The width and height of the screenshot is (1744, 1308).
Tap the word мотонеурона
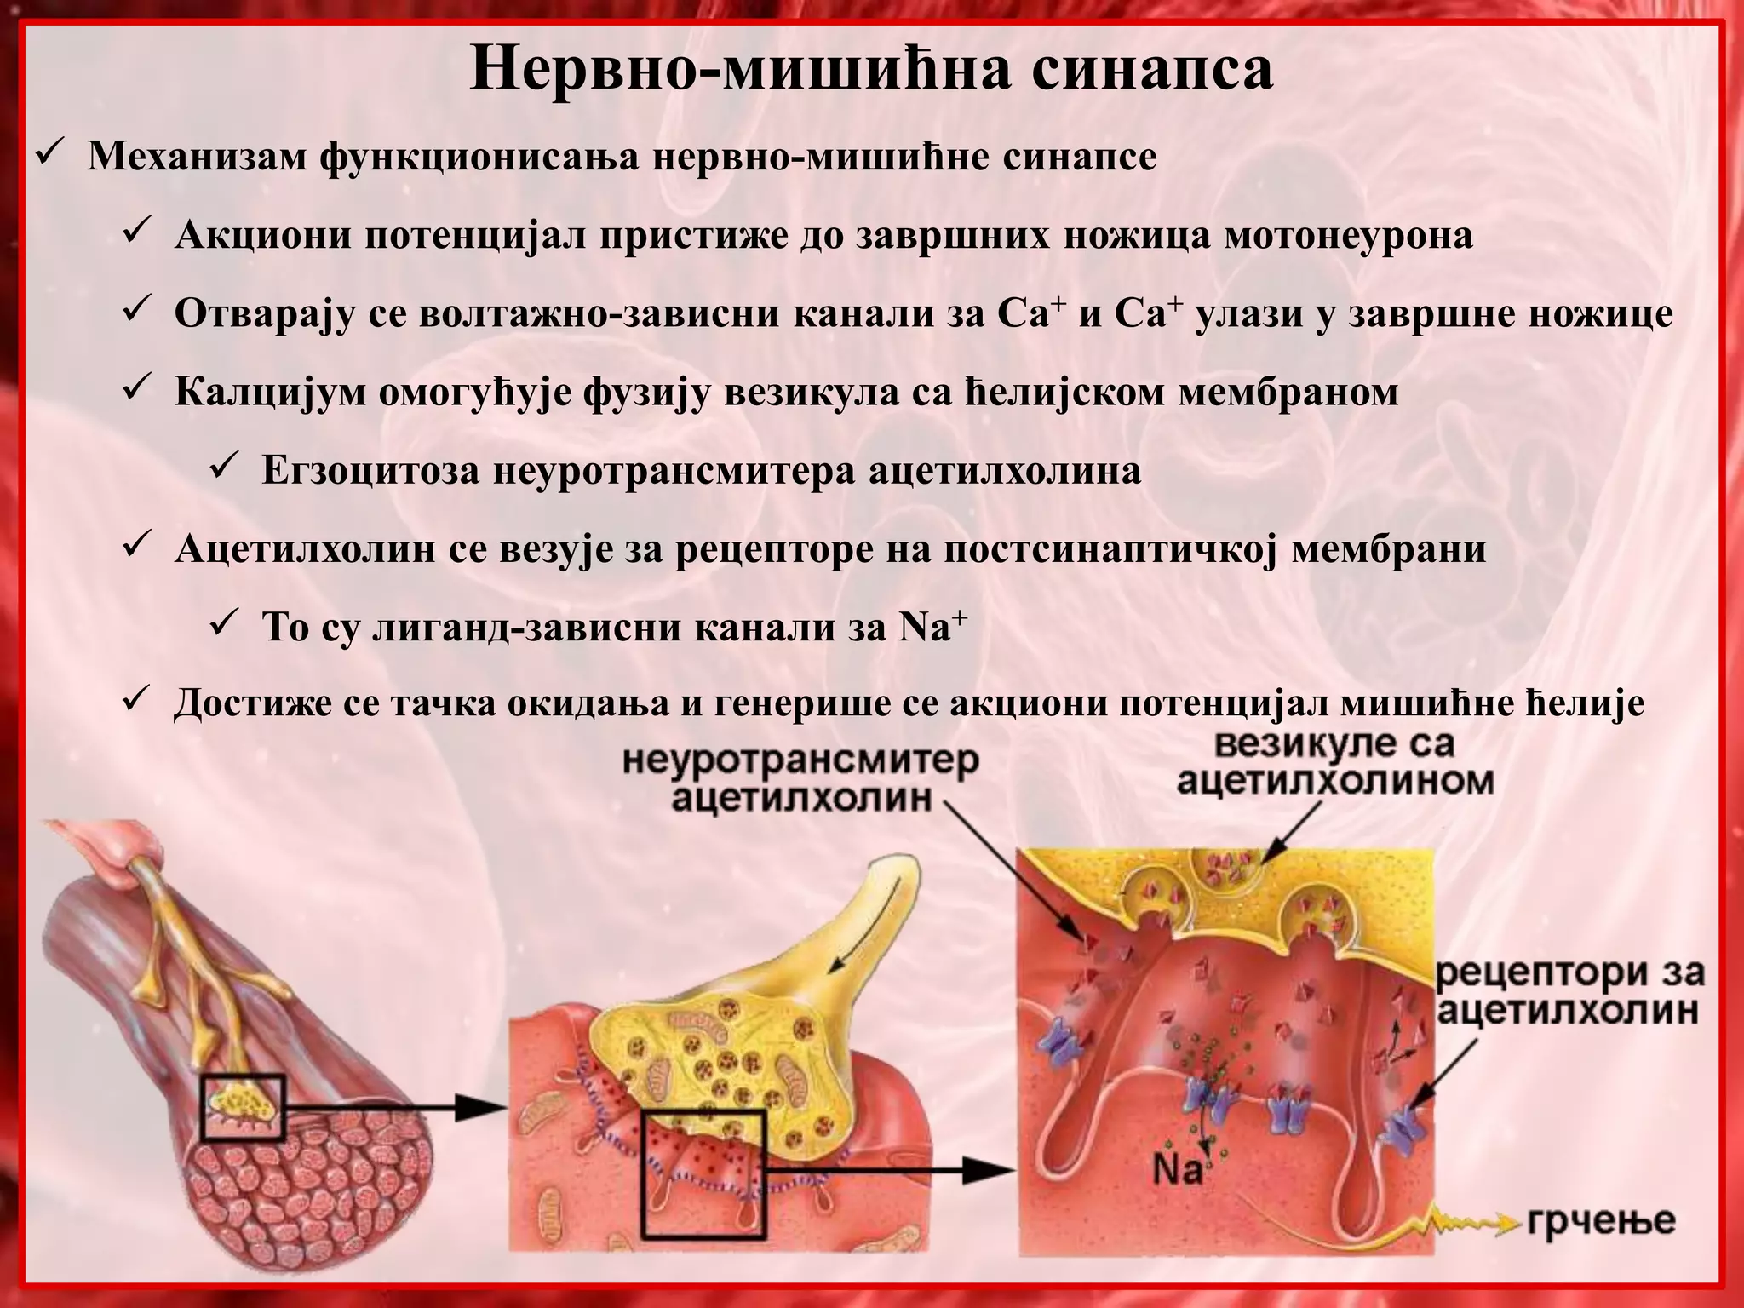click(1348, 236)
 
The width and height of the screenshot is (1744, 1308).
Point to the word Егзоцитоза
click(370, 471)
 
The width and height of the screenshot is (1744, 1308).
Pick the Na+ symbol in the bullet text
click(933, 628)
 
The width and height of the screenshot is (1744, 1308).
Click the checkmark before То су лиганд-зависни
click(225, 626)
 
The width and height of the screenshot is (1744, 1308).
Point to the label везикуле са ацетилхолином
click(1334, 762)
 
